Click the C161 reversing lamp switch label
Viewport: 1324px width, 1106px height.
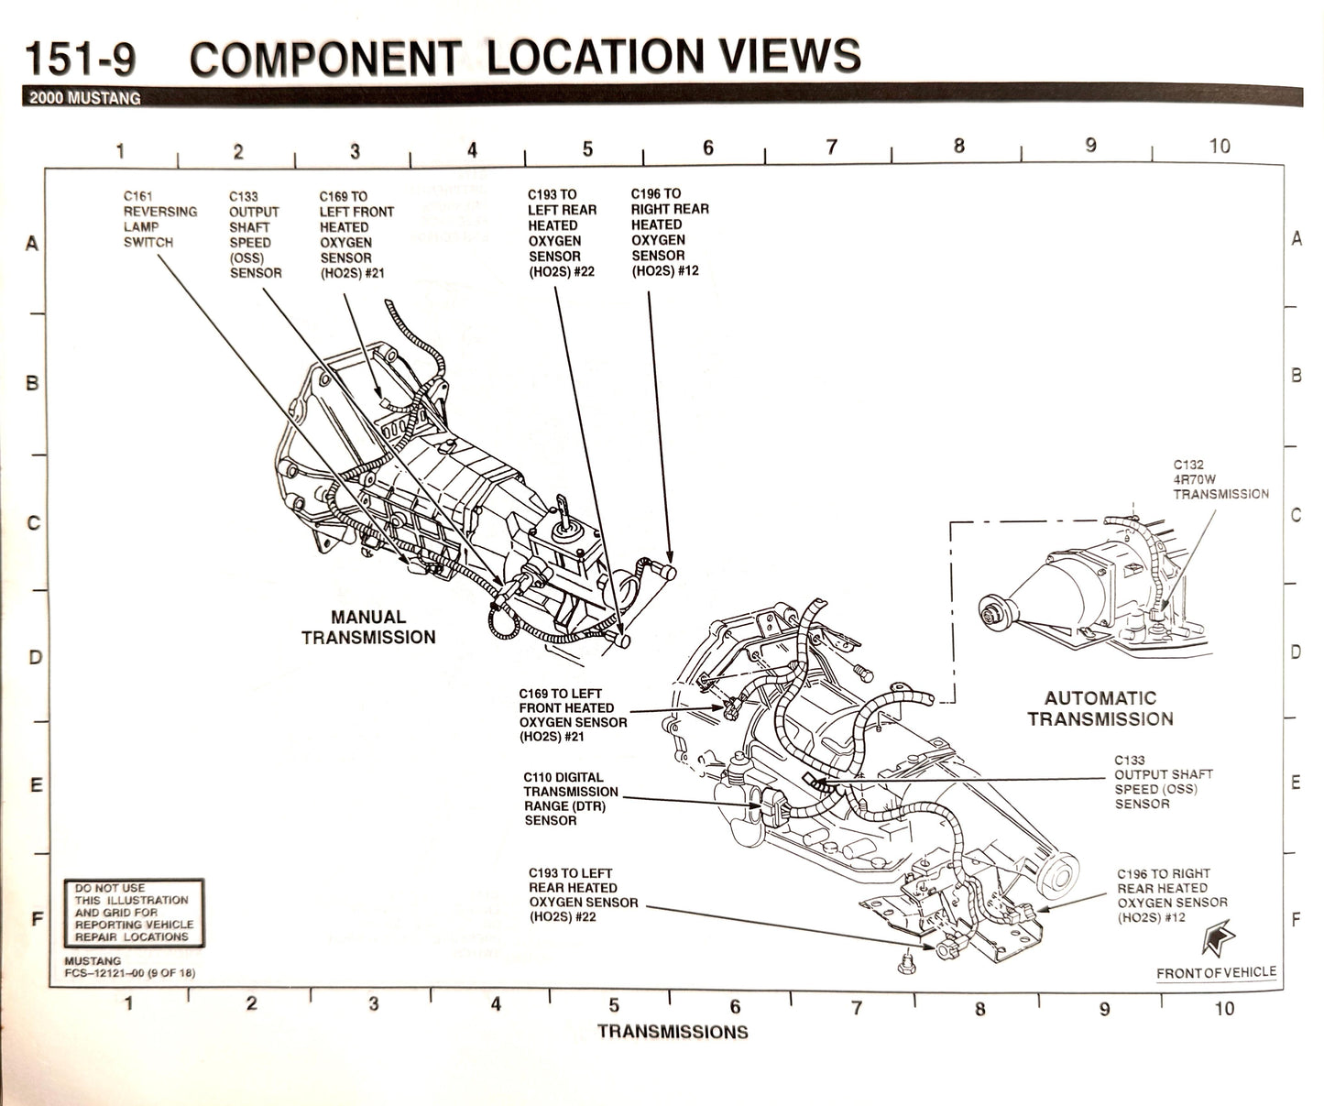click(160, 220)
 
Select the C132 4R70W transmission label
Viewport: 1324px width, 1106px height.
click(1220, 479)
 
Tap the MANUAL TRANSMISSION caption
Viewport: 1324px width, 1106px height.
click(368, 628)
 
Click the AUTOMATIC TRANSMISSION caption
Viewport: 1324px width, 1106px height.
click(1100, 709)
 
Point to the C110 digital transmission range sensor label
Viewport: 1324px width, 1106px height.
click(570, 799)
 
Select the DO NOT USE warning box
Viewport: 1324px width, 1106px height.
click(134, 913)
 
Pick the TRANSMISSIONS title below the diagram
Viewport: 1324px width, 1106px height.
click(673, 1032)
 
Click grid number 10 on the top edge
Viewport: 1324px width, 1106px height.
click(1219, 147)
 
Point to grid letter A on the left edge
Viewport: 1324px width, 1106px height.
click(32, 245)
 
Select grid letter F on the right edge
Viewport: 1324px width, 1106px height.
click(1296, 919)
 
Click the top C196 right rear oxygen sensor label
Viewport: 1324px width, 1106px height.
click(669, 233)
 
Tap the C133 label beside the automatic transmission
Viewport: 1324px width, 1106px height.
click(1162, 782)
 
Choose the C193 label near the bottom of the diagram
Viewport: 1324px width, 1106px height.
click(583, 895)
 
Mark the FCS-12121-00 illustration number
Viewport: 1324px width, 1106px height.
click(129, 973)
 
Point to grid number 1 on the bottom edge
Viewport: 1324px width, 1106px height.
click(129, 1003)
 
